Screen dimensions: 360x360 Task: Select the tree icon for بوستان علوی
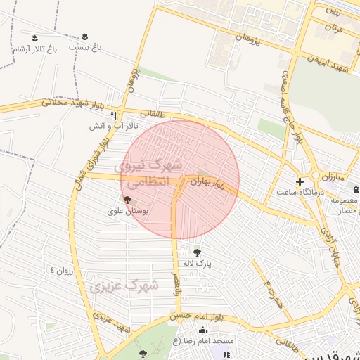coord(127,200)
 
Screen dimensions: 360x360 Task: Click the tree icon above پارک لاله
coord(197,252)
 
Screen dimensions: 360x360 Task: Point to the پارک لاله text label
coord(197,263)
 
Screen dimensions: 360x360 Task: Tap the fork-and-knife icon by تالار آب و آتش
coord(113,115)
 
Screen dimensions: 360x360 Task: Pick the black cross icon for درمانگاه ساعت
coord(300,181)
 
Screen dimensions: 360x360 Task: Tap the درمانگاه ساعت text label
coord(300,191)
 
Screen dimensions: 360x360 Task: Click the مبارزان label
coord(349,176)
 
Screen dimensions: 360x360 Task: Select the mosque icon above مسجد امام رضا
coord(203,330)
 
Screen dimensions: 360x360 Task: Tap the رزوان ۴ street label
coord(61,270)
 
